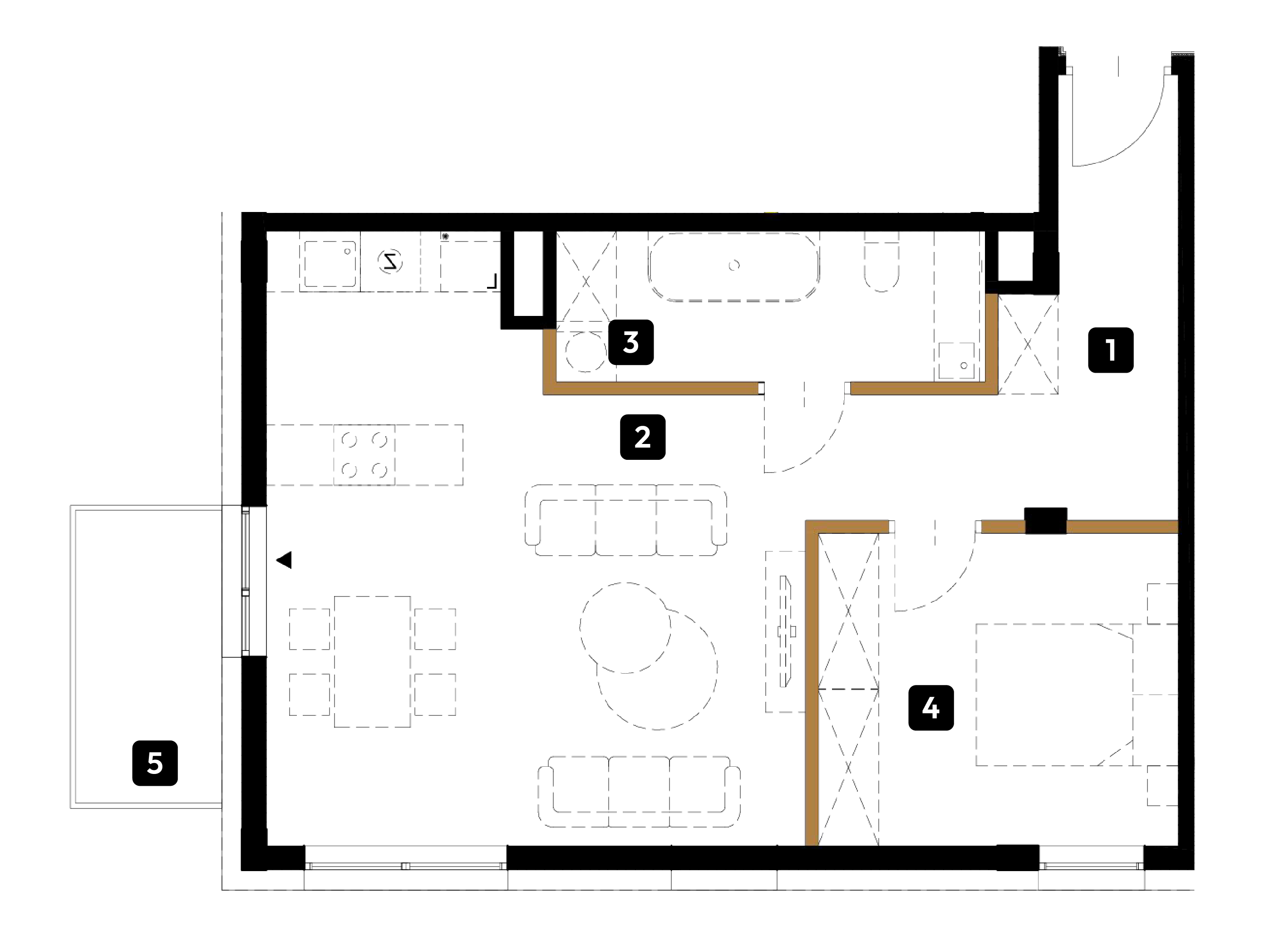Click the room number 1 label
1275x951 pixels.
pyautogui.click(x=1110, y=350)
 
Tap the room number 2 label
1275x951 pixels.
pyautogui.click(x=642, y=437)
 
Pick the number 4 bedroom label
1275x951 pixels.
pyautogui.click(x=931, y=708)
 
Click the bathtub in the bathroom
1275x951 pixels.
pyautogui.click(x=734, y=266)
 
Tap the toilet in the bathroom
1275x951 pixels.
pyautogui.click(x=881, y=262)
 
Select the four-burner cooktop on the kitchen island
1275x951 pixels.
pyautogui.click(x=364, y=455)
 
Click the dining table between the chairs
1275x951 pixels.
pyautogui.click(x=373, y=661)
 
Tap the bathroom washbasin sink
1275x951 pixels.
pyautogui.click(x=957, y=361)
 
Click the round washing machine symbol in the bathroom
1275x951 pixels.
pyautogui.click(x=586, y=351)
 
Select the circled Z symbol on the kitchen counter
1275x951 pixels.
pyautogui.click(x=390, y=262)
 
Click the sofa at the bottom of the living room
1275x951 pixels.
pyautogui.click(x=639, y=792)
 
